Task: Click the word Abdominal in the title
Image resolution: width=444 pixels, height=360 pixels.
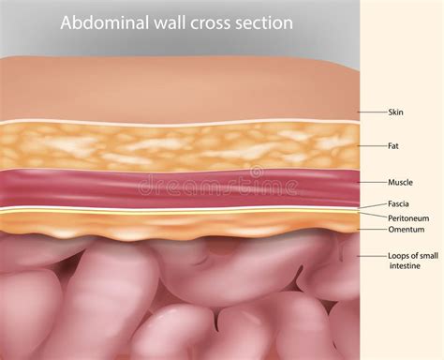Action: pyautogui.click(x=101, y=22)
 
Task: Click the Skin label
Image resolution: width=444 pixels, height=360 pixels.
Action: pyautogui.click(x=395, y=112)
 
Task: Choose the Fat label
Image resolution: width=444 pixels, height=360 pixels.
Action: pyautogui.click(x=394, y=146)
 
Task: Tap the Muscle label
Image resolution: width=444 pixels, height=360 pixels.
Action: pyautogui.click(x=400, y=182)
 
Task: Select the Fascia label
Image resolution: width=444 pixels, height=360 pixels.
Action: pyautogui.click(x=399, y=202)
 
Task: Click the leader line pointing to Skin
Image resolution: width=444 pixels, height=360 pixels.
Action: pyautogui.click(x=370, y=112)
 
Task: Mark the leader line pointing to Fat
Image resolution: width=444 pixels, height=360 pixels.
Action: pyautogui.click(x=370, y=146)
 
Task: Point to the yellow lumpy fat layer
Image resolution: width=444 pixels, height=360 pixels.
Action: pyautogui.click(x=141, y=145)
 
